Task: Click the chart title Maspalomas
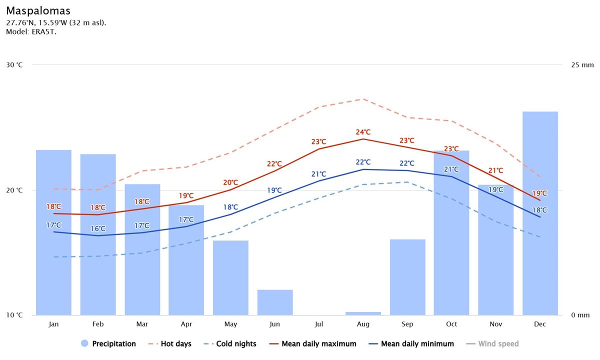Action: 38,10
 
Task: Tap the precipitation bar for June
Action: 275,302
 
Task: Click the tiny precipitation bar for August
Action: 363,313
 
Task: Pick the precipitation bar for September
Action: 407,277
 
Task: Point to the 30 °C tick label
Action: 14,65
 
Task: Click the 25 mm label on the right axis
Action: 581,65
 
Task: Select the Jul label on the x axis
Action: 319,324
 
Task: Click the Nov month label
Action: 495,324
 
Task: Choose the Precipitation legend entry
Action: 108,343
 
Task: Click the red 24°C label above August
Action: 363,132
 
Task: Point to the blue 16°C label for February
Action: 98,228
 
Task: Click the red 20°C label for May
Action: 230,182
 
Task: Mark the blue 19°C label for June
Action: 274,190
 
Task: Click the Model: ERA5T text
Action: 31,31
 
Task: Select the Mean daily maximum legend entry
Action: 313,343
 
